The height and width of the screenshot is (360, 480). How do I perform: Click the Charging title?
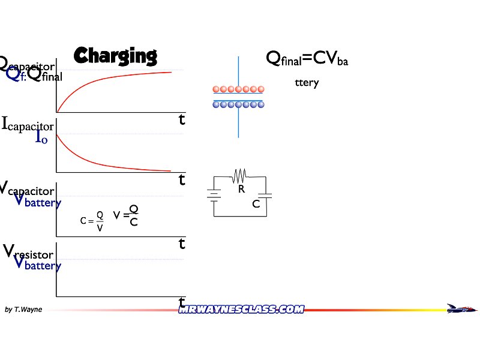[115, 56]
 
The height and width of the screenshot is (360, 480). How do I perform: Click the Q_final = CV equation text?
[307, 59]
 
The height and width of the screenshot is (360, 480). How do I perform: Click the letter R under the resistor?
[241, 189]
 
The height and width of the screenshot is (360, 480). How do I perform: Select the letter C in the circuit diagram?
[256, 204]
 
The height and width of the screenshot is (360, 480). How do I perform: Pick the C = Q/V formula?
[92, 221]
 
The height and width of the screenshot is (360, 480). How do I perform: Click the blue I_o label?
[41, 138]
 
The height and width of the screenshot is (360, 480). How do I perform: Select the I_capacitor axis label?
[28, 125]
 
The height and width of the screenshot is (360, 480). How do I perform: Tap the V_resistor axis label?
[29, 252]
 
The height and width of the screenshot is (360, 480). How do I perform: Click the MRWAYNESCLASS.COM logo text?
[241, 310]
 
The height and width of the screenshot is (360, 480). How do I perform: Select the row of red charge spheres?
[238, 89]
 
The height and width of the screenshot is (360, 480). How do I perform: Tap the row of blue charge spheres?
[238, 104]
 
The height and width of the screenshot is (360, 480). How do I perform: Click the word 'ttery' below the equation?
[307, 83]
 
